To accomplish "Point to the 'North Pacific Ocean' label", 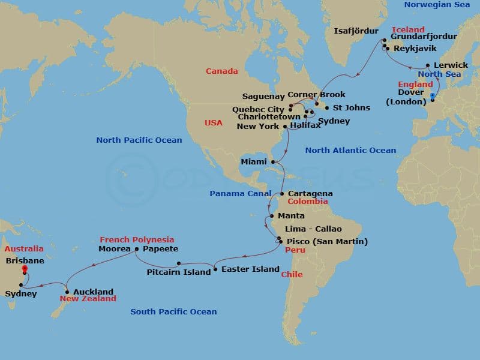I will [139, 140].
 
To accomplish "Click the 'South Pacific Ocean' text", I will [173, 312].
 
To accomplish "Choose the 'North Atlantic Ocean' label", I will [350, 151].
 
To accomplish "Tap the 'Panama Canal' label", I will [236, 194].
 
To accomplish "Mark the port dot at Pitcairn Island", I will [179, 263].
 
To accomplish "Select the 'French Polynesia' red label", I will [137, 239].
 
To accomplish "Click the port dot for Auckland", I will [67, 292].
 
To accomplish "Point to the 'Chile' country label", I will [292, 275].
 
